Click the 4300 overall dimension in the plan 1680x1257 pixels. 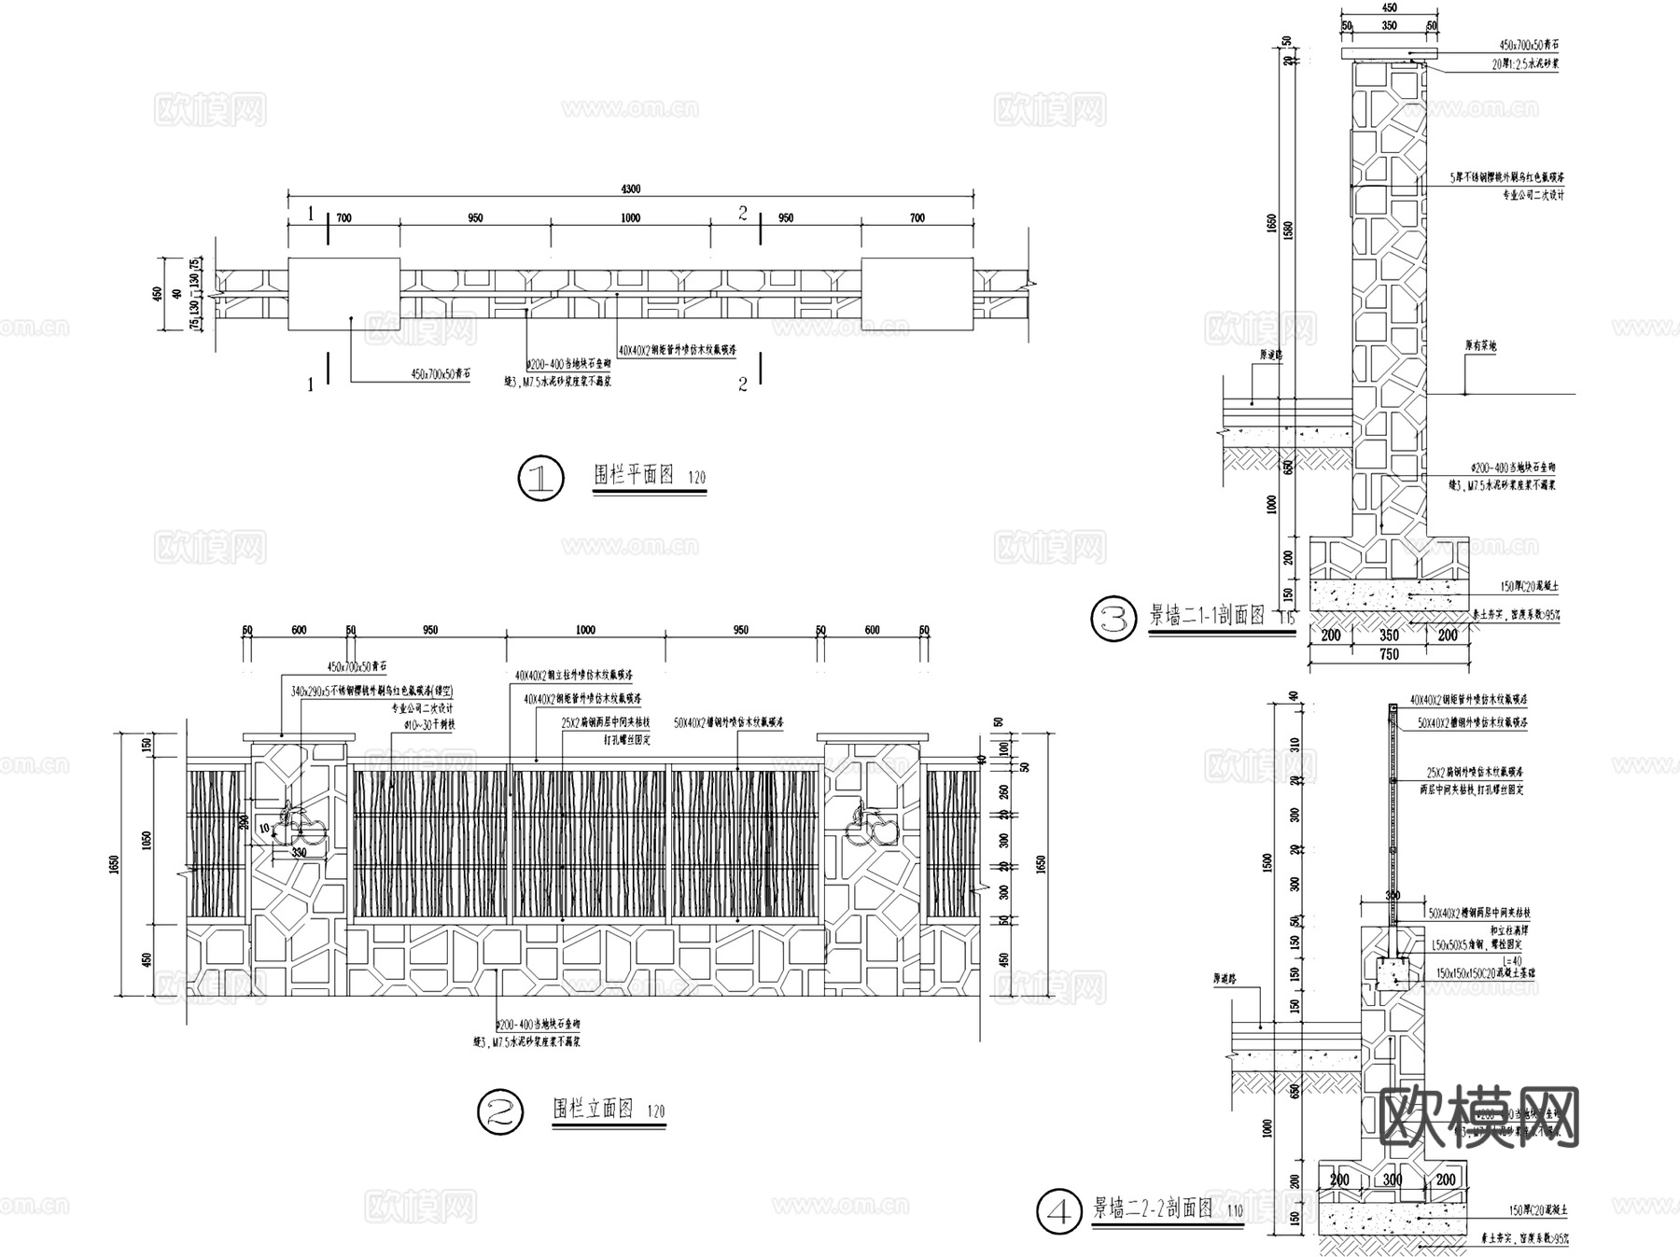pos(631,189)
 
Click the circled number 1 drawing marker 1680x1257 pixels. pos(540,479)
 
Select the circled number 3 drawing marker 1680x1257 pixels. pos(1114,620)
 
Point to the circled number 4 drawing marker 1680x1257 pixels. pos(1060,1212)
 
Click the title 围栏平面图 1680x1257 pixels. pos(634,475)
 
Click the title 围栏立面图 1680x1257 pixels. pos(594,1109)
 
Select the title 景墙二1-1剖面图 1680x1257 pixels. pos(1206,616)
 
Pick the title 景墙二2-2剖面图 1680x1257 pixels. pos(1153,1209)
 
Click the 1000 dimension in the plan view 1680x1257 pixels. pos(631,218)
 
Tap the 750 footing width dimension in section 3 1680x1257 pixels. pos(1389,655)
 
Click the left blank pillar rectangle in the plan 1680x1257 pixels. pos(343,295)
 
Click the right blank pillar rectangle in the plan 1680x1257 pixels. pos(917,295)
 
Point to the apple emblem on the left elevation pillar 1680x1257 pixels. pos(301,826)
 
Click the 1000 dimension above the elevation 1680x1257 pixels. pos(585,631)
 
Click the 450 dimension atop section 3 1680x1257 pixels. pos(1389,8)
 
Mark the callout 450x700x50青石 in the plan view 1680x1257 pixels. pos(441,373)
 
